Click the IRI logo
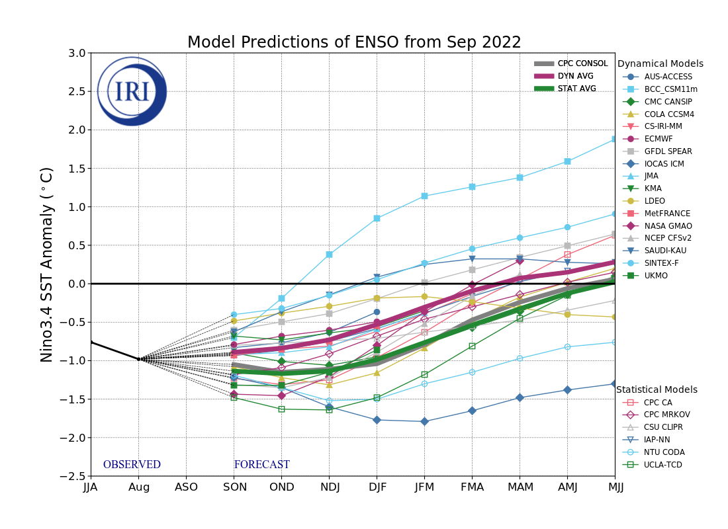[132, 91]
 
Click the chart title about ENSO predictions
[354, 42]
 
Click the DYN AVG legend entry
[575, 76]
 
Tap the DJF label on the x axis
[377, 487]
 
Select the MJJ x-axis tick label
[615, 487]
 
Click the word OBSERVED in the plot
[132, 465]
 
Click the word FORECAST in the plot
[261, 465]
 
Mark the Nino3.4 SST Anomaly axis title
[47, 264]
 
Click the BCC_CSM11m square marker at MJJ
[615, 139]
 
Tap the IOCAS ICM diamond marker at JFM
[424, 421]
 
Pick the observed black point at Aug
[138, 359]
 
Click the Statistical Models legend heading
[657, 389]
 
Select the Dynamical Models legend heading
[660, 63]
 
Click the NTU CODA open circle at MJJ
[615, 342]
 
